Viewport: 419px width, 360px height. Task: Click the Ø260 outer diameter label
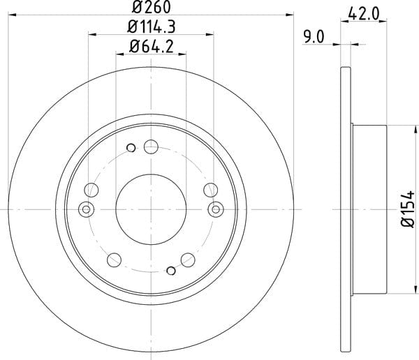152,7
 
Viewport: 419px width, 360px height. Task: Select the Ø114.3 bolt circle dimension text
152,27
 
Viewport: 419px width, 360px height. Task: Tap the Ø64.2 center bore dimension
152,46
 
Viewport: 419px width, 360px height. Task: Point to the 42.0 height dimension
364,14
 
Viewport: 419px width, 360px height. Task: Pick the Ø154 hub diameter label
408,209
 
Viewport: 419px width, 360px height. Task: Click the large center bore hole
151,209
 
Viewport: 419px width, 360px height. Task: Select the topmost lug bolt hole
151,147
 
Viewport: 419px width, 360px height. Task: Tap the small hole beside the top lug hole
131,148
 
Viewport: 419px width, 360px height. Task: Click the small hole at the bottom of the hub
171,271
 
